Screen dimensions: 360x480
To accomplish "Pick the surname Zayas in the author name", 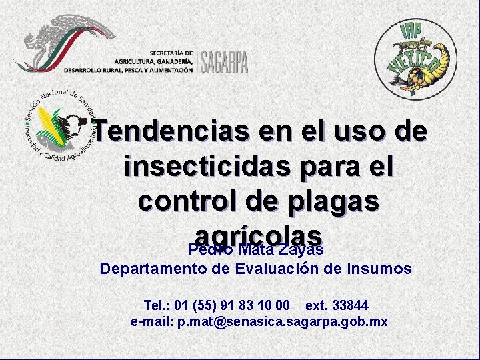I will (x=300, y=250).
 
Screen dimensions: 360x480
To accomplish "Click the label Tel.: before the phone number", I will (x=157, y=305).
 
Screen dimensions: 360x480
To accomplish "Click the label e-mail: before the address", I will (x=152, y=321).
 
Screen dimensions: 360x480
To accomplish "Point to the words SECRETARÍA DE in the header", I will (x=171, y=52).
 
